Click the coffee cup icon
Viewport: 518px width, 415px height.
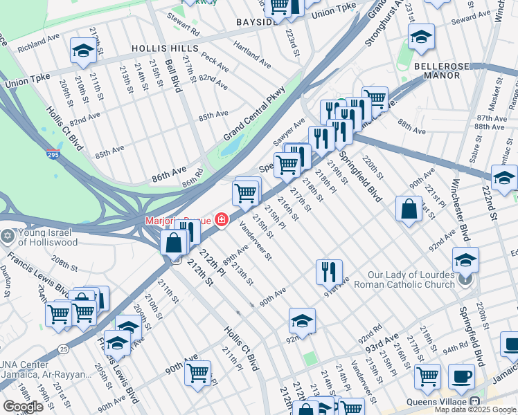(461, 378)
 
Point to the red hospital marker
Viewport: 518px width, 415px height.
(221, 221)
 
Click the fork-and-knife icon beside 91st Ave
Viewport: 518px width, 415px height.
(329, 271)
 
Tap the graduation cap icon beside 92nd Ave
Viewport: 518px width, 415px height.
(302, 321)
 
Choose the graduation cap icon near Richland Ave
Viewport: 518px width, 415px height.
(83, 50)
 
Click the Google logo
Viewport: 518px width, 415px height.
(22, 407)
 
